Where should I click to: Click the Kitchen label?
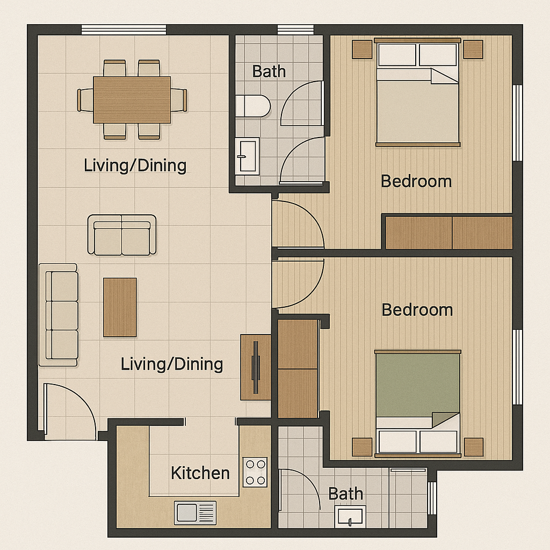coord(200,473)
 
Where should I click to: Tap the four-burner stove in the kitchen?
coord(255,472)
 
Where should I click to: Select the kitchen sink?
coord(195,513)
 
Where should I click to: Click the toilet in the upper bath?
coord(252,106)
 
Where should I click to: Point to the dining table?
coord(132,99)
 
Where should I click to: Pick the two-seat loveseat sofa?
coord(122,235)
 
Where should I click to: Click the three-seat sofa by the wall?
coord(58,315)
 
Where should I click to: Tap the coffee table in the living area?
coord(120,307)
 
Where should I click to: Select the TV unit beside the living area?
coord(256,367)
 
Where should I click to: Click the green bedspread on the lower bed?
coord(417,386)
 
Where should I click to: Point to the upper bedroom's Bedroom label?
coord(416,182)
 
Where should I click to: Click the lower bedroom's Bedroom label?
coord(417,310)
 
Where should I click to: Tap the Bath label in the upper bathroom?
coord(269,71)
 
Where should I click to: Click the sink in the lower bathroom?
coord(350,516)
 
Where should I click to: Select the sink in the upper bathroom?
coord(247,156)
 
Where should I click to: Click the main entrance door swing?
coord(69,411)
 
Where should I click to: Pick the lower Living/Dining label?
coord(172,364)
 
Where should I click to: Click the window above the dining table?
coord(124,30)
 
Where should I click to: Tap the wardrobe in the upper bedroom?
coord(449,233)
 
